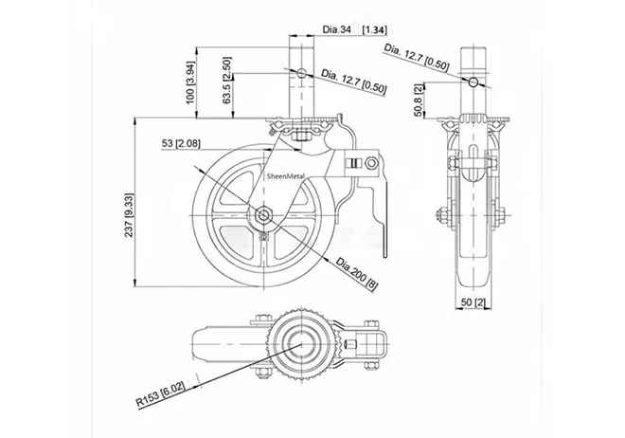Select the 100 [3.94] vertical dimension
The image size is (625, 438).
190,81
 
